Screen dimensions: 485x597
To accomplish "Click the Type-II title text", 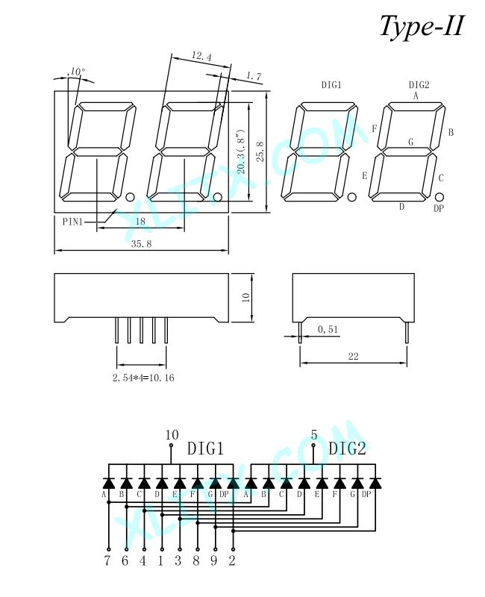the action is point(422,27).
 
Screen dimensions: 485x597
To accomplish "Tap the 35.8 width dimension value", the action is point(141,244).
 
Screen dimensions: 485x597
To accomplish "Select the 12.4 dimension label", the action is point(201,57).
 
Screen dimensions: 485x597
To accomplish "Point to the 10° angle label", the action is point(78,72).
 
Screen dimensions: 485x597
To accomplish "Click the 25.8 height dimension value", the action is point(260,152).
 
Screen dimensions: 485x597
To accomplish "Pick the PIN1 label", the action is point(72,221).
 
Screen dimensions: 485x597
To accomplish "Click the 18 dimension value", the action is point(140,221).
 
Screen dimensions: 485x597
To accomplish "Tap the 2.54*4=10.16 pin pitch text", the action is point(143,378).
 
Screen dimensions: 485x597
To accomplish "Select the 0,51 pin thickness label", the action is point(328,329).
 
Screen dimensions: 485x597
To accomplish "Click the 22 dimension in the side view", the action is point(353,357).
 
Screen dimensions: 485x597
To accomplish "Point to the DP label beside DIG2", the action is point(439,208).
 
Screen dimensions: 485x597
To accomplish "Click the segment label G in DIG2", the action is point(411,142).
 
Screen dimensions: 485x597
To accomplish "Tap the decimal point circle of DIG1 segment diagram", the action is point(351,197).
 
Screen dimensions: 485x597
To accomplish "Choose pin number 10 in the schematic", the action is point(172,435).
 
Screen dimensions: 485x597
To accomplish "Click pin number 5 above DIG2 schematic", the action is point(314,435).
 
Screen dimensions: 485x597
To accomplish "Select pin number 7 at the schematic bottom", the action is point(107,560).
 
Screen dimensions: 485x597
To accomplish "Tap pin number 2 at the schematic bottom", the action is point(232,560).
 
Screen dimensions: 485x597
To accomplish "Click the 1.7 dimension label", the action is point(254,76).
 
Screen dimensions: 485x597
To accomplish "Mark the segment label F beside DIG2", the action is point(375,128).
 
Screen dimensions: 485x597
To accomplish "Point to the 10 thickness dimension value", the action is point(246,297).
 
